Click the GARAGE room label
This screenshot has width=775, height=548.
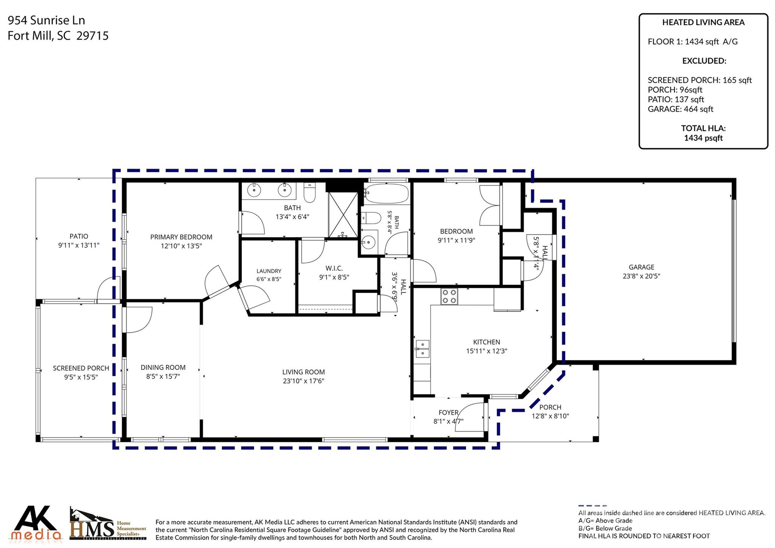click(x=641, y=267)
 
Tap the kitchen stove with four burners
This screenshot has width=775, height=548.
click(x=449, y=297)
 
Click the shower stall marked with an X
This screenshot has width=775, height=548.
click(x=343, y=215)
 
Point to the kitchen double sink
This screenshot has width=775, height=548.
click(x=422, y=348)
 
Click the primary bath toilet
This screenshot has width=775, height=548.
click(x=310, y=193)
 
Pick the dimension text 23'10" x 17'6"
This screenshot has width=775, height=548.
click(x=303, y=381)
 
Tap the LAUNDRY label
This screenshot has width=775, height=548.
click(x=269, y=271)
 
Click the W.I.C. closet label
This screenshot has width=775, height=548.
click(x=334, y=268)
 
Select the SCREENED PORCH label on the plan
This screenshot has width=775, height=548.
click(x=81, y=368)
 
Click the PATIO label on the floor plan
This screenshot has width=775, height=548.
click(x=79, y=236)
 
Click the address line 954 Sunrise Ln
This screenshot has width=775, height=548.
click(x=46, y=20)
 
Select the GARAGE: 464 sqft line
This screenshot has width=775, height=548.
click(x=680, y=109)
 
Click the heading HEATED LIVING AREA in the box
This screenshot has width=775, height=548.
click(x=703, y=22)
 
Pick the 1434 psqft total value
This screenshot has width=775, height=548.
click(x=703, y=138)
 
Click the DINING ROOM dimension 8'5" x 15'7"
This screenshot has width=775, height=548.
click(x=163, y=376)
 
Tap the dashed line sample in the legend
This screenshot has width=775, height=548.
click(x=593, y=506)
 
